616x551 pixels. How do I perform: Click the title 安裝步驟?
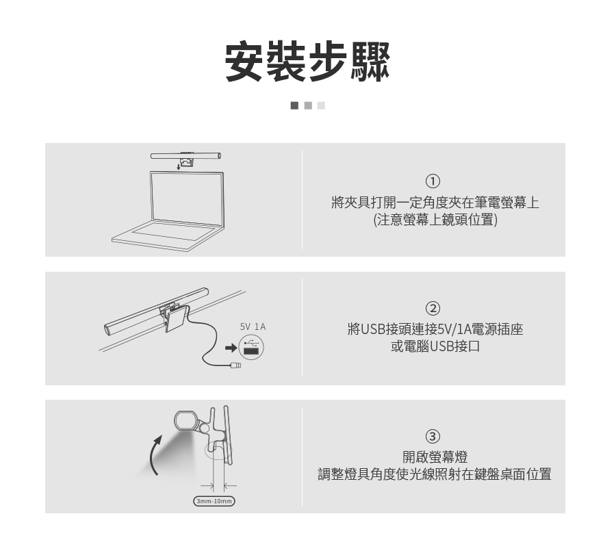pyautogui.click(x=307, y=62)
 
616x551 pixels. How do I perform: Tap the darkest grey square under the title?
pyautogui.click(x=294, y=105)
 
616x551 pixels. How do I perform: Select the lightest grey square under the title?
pyautogui.click(x=321, y=105)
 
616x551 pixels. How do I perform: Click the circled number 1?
pyautogui.click(x=433, y=181)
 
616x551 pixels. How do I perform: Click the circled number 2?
pyautogui.click(x=433, y=308)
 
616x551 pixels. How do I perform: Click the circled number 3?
pyautogui.click(x=433, y=436)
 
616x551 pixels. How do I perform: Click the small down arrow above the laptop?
pyautogui.click(x=178, y=165)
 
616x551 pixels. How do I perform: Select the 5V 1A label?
pyautogui.click(x=253, y=327)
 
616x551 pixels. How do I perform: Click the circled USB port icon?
pyautogui.click(x=251, y=347)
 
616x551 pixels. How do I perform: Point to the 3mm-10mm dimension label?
pyautogui.click(x=214, y=502)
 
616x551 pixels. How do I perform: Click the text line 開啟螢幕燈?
pyautogui.click(x=435, y=457)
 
